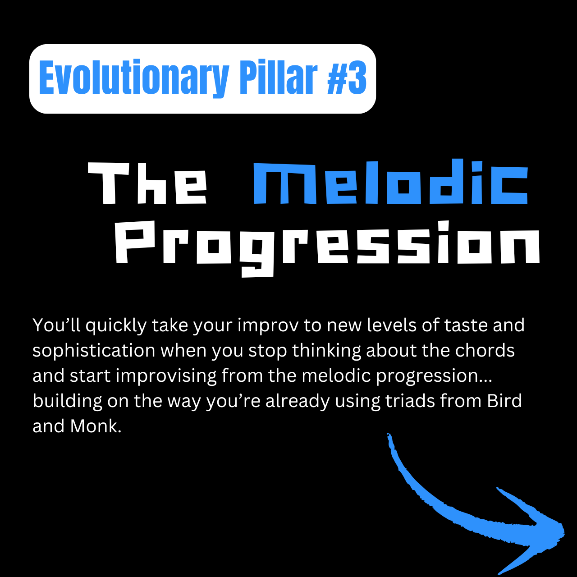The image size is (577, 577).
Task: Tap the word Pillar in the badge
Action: click(x=278, y=77)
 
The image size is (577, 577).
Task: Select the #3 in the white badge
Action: click(x=347, y=77)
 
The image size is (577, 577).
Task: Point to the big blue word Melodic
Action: click(x=391, y=182)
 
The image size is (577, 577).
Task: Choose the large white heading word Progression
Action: click(x=328, y=248)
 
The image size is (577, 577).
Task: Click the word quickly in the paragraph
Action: click(x=116, y=325)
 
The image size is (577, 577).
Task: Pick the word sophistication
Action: click(x=94, y=351)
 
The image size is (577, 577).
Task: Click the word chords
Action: click(x=485, y=350)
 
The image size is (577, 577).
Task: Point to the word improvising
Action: click(x=166, y=376)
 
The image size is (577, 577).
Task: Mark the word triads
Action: click(x=410, y=401)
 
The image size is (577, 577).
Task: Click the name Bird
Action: click(x=504, y=401)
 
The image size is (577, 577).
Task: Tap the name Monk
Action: click(x=96, y=426)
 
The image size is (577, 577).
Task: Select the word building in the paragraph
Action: click(x=67, y=402)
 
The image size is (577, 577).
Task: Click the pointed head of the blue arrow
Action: click(x=563, y=534)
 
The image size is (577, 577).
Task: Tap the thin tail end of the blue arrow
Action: click(x=389, y=434)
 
